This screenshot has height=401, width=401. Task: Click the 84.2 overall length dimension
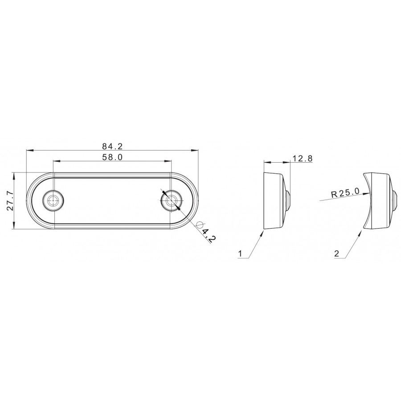pos(113,146)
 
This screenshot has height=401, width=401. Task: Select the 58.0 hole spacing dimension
pos(112,157)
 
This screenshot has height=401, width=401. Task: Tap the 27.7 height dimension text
pos(10,201)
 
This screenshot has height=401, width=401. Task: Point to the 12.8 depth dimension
pos(302,159)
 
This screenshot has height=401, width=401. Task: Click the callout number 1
pos(240,254)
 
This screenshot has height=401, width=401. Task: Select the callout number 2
pos(336,254)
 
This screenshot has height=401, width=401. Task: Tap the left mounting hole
pos(53,200)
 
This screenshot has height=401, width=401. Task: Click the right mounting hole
pos(172,200)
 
